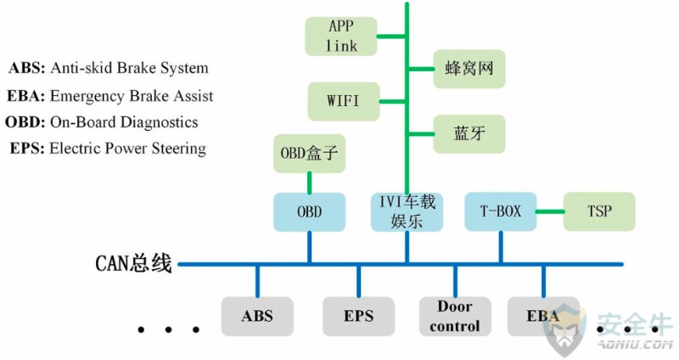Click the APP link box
(341, 37)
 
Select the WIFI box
(344, 101)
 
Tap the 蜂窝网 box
(469, 69)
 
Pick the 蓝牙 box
(469, 134)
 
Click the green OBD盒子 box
(309, 154)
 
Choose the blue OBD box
(309, 212)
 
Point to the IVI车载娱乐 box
(407, 212)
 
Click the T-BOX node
(500, 211)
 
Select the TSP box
(599, 211)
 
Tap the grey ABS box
(257, 316)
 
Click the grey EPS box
(358, 316)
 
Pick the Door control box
(455, 316)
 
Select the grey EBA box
(543, 316)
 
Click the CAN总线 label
(133, 263)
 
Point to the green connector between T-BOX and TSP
(550, 211)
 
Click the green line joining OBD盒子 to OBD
(309, 183)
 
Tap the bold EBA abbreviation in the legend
(26, 96)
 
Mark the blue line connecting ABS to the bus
(258, 281)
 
